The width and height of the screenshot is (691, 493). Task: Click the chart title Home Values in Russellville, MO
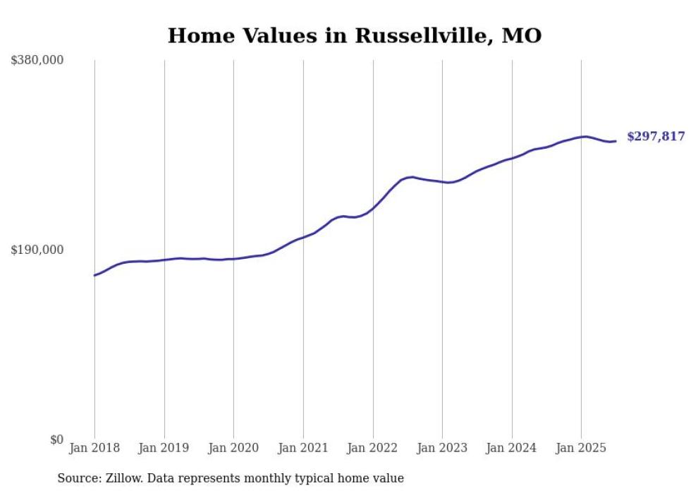(x=354, y=35)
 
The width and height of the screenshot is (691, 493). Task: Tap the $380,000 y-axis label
(x=37, y=61)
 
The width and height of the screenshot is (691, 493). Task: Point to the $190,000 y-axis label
(x=37, y=250)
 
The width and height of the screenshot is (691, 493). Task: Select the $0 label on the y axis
(x=56, y=439)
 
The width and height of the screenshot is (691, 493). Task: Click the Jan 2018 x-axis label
(x=94, y=448)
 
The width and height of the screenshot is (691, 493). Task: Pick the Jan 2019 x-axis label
(x=164, y=448)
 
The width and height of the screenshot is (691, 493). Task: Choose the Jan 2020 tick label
(x=233, y=448)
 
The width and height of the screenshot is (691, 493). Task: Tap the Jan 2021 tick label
(x=303, y=448)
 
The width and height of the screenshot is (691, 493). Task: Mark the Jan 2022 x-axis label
(x=373, y=448)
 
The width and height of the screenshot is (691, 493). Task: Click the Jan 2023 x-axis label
(x=442, y=448)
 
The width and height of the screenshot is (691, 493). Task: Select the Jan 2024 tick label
(x=512, y=448)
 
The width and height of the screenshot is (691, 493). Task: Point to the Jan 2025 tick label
(x=581, y=448)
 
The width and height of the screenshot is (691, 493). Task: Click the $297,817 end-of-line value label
(x=656, y=137)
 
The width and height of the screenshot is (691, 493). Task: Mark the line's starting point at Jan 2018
(x=94, y=275)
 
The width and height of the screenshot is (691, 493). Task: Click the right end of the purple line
(x=616, y=141)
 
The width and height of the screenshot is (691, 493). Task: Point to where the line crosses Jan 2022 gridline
(x=373, y=208)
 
